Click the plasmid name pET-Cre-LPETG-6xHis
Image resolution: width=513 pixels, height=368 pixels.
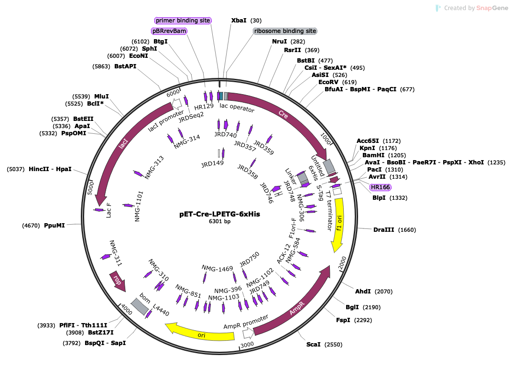click(x=219, y=214)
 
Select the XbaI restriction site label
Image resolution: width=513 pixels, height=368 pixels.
click(x=239, y=20)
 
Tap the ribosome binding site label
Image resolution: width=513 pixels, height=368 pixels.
click(x=285, y=31)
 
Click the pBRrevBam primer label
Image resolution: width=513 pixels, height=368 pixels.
click(x=169, y=31)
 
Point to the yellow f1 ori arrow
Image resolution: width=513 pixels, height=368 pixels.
click(x=339, y=222)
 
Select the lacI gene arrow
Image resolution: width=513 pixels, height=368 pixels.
click(x=124, y=144)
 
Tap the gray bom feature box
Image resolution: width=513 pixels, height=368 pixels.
click(x=140, y=306)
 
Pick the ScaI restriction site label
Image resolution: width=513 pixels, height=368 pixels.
click(x=314, y=345)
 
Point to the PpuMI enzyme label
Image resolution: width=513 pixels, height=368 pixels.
click(x=55, y=226)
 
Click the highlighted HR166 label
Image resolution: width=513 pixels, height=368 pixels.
click(x=380, y=187)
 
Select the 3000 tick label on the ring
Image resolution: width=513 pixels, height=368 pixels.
click(x=247, y=345)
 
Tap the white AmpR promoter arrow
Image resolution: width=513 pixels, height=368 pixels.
click(x=248, y=333)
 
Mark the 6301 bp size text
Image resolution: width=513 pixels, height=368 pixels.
click(x=219, y=221)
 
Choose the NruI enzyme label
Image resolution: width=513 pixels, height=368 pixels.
click(x=279, y=41)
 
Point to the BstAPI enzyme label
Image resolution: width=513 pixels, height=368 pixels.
click(x=125, y=66)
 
